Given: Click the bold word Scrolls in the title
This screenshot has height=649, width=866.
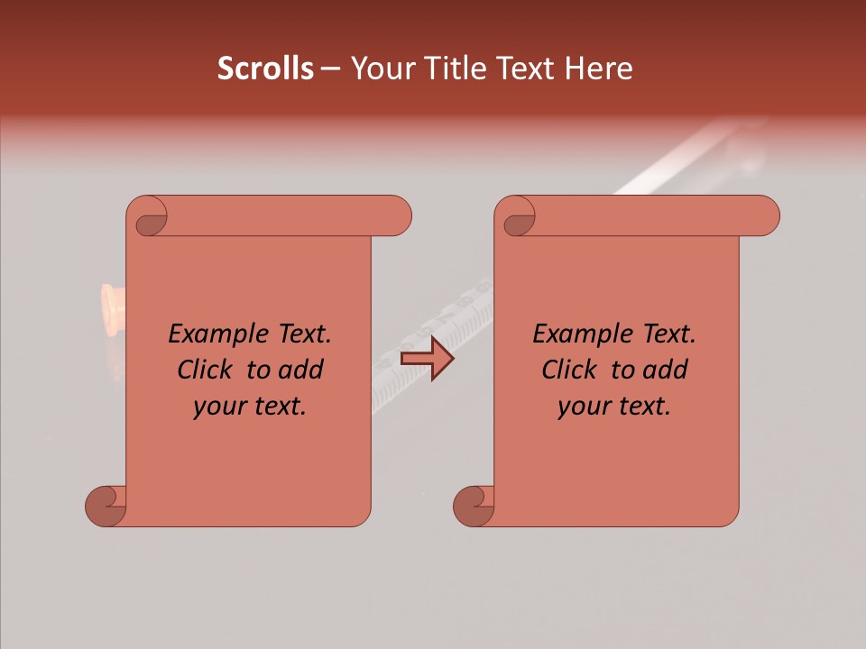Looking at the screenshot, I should [x=265, y=69].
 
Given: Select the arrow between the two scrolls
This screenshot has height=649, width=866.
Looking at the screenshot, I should [x=427, y=359].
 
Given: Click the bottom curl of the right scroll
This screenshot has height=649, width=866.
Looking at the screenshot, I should [x=474, y=506].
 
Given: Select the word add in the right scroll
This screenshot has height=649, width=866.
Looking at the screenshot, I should [x=665, y=370].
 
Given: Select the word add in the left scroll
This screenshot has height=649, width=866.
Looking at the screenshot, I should [x=300, y=370].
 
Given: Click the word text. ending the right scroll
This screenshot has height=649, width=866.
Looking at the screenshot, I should [x=641, y=407].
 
